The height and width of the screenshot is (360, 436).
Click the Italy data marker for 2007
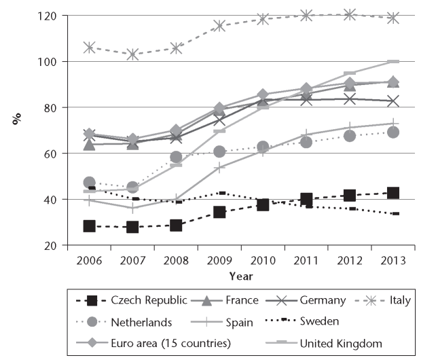[x=132, y=54]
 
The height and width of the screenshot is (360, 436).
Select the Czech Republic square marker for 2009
[x=219, y=212]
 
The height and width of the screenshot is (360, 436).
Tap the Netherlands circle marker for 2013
[x=393, y=132]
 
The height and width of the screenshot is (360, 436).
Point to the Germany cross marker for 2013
[x=393, y=101]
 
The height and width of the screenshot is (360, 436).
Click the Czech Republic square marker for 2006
[x=89, y=226]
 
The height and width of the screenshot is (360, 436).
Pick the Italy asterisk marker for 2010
[x=263, y=19]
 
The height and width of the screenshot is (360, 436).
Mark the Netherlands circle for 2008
[x=176, y=157]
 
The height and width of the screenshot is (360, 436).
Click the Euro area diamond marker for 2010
[x=263, y=94]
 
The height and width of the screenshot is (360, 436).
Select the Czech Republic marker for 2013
[x=393, y=193]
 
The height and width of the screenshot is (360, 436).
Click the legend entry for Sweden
[x=302, y=321]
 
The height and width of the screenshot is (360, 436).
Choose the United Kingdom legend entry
[x=324, y=343]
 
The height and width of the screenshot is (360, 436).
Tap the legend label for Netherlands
[x=141, y=322]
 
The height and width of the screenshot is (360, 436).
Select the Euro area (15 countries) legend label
[x=170, y=343]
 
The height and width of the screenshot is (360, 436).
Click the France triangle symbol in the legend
[x=206, y=300]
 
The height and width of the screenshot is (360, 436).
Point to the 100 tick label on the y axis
[x=47, y=61]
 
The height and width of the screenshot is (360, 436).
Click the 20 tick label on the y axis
[x=50, y=246]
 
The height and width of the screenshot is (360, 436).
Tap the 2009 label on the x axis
[x=219, y=261]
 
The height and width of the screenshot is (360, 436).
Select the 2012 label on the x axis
[x=350, y=261]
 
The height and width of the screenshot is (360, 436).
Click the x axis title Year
[x=241, y=276]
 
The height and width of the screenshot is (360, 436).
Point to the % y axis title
[x=16, y=118]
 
